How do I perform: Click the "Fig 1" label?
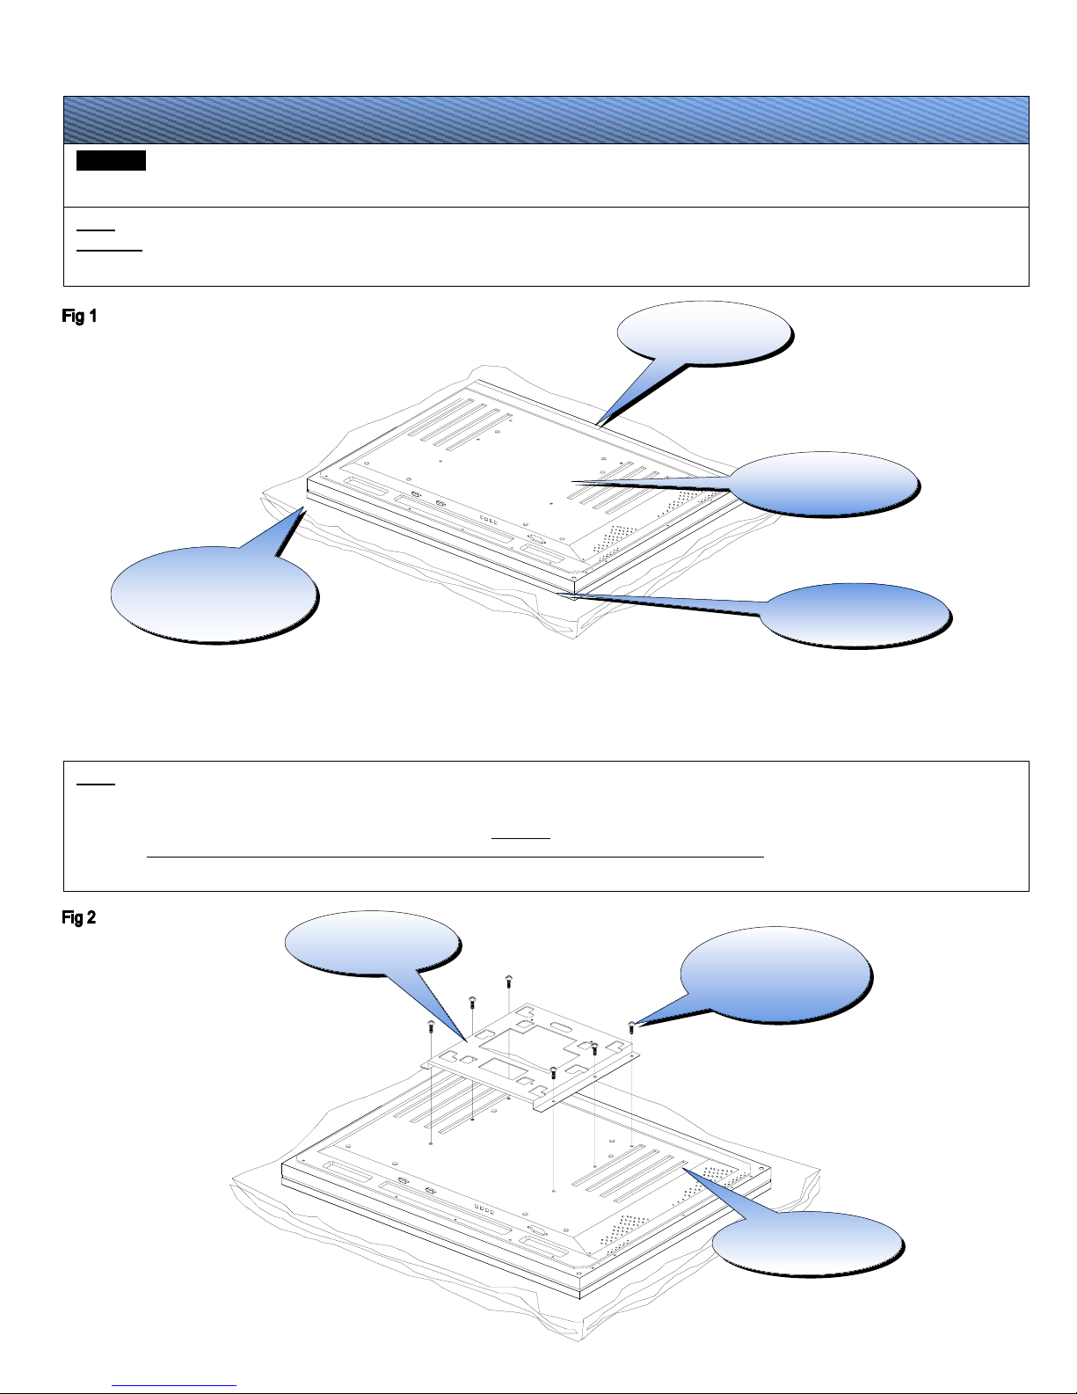tap(79, 316)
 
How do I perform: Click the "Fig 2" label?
tap(79, 917)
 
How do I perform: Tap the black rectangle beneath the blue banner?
tap(111, 160)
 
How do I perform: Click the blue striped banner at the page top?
tap(546, 120)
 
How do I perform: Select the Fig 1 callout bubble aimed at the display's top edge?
tap(704, 333)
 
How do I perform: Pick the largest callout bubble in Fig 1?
tap(215, 594)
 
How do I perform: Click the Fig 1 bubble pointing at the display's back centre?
tap(823, 484)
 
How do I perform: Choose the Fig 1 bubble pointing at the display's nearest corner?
tap(855, 615)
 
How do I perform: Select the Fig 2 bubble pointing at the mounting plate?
tap(372, 942)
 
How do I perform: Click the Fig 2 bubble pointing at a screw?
tap(775, 974)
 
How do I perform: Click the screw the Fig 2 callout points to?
tap(631, 1026)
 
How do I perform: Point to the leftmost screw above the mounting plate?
tap(431, 1025)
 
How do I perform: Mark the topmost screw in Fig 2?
tap(508, 981)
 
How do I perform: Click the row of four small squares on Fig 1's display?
tap(489, 521)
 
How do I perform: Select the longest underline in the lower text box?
tap(455, 857)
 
